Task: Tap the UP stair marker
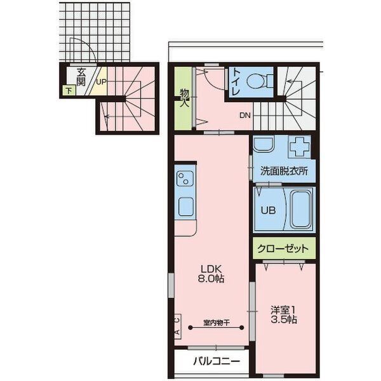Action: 101,81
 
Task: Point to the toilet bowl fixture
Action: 257,81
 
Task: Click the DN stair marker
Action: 245,116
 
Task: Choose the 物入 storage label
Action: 184,98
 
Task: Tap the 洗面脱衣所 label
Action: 284,171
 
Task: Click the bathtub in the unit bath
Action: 300,209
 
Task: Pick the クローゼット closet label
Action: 284,248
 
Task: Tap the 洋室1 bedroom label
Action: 284,310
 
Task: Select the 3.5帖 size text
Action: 284,320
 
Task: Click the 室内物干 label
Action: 216,322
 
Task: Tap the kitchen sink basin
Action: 185,206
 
